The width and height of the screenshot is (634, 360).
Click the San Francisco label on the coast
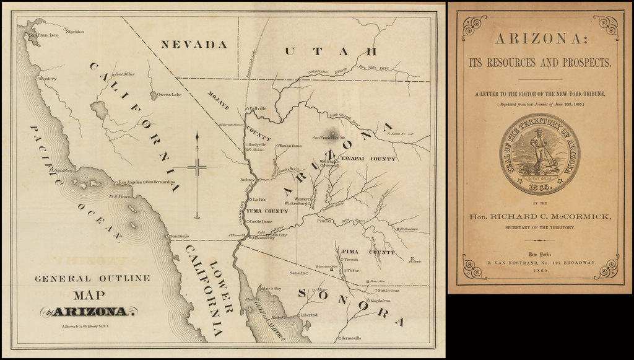[x=44, y=35]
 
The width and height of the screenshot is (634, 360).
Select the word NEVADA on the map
[x=194, y=45]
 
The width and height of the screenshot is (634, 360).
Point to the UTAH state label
[x=330, y=51]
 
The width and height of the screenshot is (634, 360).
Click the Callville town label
[x=258, y=108]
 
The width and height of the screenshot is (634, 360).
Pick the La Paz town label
[x=259, y=200]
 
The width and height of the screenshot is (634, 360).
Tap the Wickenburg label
[x=296, y=203]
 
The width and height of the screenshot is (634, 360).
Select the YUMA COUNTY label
[x=267, y=211]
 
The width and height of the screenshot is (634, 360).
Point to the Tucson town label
[x=351, y=260]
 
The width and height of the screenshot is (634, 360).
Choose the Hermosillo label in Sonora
[x=351, y=338]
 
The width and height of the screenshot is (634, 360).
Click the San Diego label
[x=179, y=236]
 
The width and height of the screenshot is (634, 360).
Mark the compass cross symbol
[x=197, y=167]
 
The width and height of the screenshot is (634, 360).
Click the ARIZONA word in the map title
[x=90, y=312]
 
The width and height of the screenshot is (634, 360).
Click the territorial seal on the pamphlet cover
[x=539, y=154]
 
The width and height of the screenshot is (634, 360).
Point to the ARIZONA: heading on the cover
[x=539, y=39]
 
